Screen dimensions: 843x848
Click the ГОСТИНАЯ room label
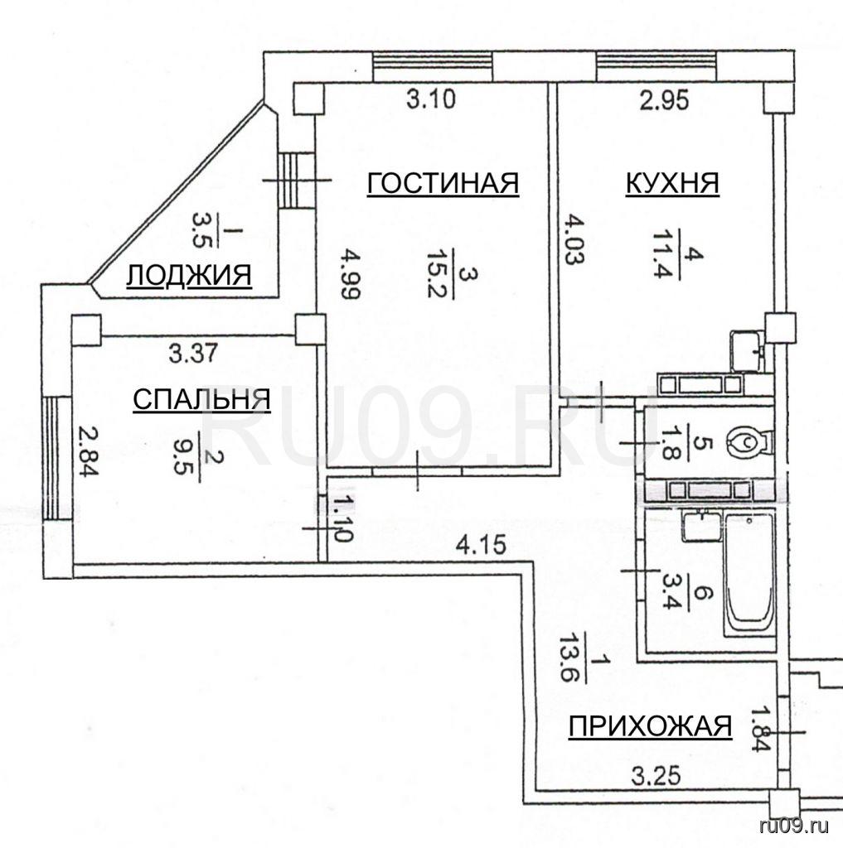[443, 183]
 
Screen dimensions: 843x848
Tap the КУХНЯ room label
[672, 183]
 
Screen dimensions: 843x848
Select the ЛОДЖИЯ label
[190, 275]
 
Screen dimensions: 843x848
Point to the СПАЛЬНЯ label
[202, 400]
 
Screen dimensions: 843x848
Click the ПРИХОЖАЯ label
[650, 725]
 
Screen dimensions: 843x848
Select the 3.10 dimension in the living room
[431, 99]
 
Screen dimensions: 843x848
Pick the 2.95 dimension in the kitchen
[664, 100]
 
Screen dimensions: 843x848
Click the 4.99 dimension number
[351, 273]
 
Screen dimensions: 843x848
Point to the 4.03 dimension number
[574, 239]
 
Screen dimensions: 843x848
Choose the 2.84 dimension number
[89, 451]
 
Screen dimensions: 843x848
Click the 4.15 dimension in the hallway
[482, 545]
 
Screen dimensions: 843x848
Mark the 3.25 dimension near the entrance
[656, 777]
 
